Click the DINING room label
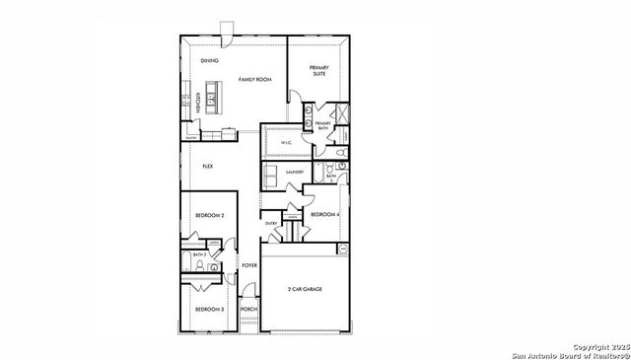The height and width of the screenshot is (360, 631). click(209, 61)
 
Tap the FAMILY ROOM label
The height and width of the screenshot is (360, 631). click(254, 79)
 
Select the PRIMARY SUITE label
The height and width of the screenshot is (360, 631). click(319, 69)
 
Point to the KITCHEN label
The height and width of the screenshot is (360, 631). click(198, 104)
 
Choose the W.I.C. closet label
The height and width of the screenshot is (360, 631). click(287, 143)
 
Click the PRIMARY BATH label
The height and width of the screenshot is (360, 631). click(322, 126)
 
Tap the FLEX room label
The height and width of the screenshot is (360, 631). click(208, 167)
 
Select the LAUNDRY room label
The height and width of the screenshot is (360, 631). click(294, 173)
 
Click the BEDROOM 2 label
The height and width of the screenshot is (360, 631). click(209, 215)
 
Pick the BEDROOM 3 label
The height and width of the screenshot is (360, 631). click(209, 310)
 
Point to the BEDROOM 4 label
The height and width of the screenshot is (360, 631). click(324, 215)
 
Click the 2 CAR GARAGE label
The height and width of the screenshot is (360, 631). click(305, 289)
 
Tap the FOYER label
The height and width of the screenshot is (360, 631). click(249, 265)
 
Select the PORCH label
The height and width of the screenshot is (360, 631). click(248, 310)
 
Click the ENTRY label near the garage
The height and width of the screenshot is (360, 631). click(271, 224)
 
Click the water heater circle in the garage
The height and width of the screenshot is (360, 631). click(344, 248)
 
